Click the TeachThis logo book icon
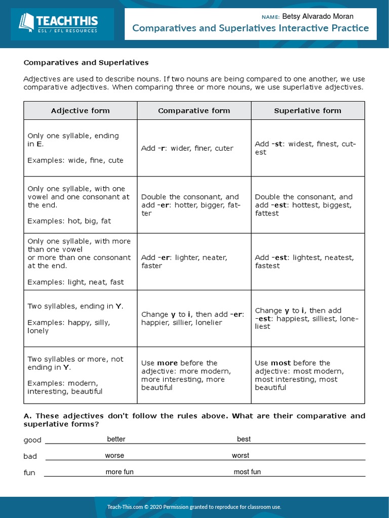click(x=26, y=23)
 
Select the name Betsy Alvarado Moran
click(x=318, y=17)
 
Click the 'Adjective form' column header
click(x=80, y=110)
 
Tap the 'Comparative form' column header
click(x=194, y=110)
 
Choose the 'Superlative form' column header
click(x=307, y=110)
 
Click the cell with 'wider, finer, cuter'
click(x=194, y=148)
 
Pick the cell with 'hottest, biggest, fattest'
click(x=307, y=205)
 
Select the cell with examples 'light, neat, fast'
click(x=80, y=262)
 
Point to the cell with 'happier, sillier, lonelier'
click(x=194, y=318)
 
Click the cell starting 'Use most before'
click(x=307, y=375)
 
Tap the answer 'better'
click(x=116, y=439)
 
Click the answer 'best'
click(x=244, y=439)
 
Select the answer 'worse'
click(x=114, y=455)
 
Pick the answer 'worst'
click(x=241, y=455)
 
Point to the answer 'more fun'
click(x=120, y=472)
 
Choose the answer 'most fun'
click(x=247, y=472)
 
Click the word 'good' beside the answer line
click(x=32, y=440)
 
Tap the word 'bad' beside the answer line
click(x=30, y=456)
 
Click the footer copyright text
click(x=194, y=507)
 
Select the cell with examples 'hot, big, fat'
click(x=80, y=205)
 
